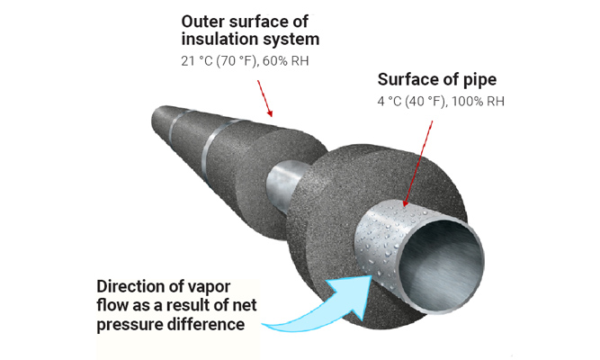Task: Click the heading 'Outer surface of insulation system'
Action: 250,30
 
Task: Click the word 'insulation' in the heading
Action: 216,39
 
